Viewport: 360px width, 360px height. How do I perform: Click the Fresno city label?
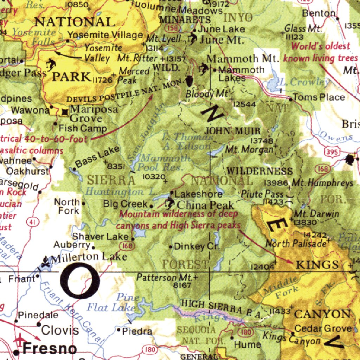50,349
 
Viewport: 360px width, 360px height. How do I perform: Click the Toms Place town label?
319,97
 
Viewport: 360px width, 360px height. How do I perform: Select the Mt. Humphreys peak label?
322,183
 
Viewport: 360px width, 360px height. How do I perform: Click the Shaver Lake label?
100,237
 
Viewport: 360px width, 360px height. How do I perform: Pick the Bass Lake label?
97,158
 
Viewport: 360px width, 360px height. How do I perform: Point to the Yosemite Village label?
105,35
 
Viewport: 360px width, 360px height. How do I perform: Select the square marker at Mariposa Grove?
65,112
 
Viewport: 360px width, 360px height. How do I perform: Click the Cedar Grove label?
323,329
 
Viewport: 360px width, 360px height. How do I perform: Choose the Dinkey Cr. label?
197,246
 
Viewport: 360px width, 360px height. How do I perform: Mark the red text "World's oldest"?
321,46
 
